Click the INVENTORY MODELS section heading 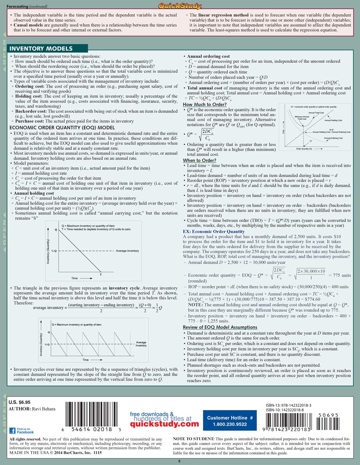click(x=41, y=49)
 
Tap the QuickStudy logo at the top click(x=180, y=5)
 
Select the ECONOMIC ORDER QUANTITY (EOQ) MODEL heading click(x=62, y=128)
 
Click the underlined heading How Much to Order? click(x=204, y=105)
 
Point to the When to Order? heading click(x=199, y=160)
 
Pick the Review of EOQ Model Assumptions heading click(x=220, y=327)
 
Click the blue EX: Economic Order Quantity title click(x=213, y=231)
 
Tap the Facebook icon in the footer click(x=12, y=430)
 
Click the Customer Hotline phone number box click(x=229, y=421)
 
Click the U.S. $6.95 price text click(x=20, y=402)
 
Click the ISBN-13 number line click(x=288, y=405)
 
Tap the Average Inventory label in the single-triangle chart click(x=127, y=251)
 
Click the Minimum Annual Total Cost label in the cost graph click(x=302, y=118)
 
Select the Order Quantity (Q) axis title click(x=304, y=149)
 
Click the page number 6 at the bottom click(x=179, y=461)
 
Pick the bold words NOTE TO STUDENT click(x=193, y=439)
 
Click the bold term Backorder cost click(x=31, y=111)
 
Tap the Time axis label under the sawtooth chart click(x=85, y=360)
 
